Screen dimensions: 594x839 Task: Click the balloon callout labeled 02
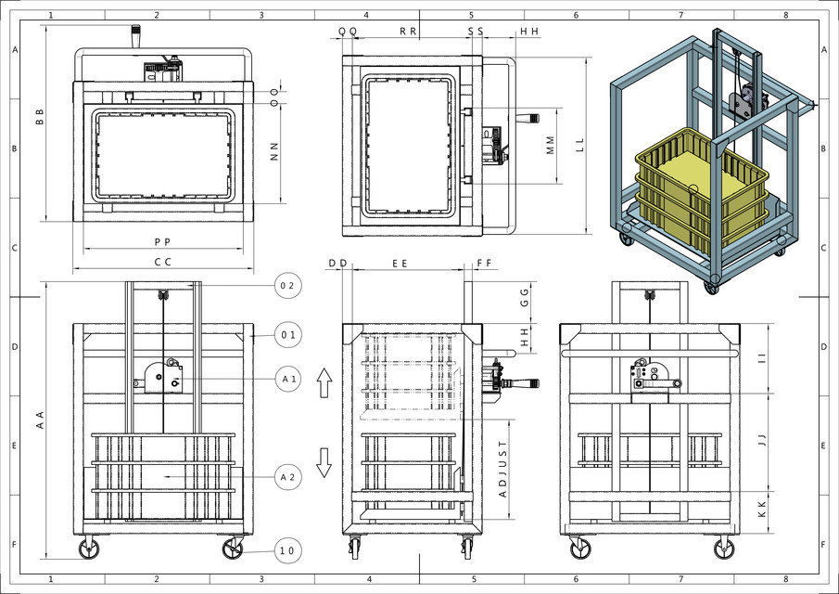[287, 286]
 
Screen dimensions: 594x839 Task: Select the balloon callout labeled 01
[287, 333]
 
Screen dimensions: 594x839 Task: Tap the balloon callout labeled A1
[287, 378]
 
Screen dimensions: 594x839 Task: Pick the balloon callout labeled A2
[287, 477]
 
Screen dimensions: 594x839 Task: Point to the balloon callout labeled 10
[287, 550]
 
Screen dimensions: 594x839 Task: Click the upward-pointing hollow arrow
[324, 381]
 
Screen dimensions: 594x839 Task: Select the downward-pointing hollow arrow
[324, 461]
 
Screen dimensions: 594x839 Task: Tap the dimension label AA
[40, 420]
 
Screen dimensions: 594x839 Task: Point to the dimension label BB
[40, 117]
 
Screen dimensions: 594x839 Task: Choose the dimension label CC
[163, 263]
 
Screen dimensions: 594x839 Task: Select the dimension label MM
[550, 145]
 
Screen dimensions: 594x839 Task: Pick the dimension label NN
[274, 151]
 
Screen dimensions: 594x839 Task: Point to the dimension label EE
[400, 264]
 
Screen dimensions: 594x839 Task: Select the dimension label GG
[524, 298]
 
